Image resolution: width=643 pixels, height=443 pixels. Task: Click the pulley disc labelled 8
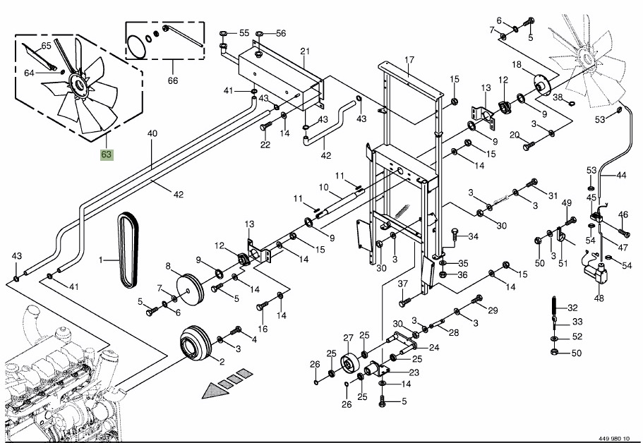tap(186, 285)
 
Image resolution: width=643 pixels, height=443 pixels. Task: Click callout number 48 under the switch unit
tap(599, 298)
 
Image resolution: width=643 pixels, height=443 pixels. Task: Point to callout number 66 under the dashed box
tap(173, 80)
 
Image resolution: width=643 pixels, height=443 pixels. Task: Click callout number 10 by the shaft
tap(324, 188)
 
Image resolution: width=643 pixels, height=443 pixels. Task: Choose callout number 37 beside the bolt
tap(403, 284)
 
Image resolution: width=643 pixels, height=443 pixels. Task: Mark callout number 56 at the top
tap(280, 33)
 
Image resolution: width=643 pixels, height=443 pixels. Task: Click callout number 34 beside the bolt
tap(474, 236)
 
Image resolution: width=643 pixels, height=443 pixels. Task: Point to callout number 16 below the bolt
tap(263, 329)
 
